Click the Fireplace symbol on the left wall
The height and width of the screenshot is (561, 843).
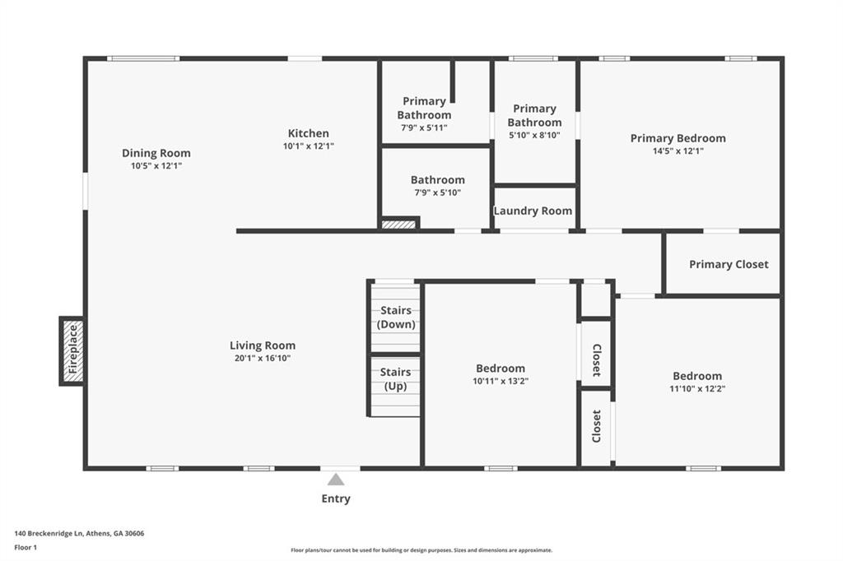[x=72, y=350]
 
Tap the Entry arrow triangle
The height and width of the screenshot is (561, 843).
[x=336, y=480]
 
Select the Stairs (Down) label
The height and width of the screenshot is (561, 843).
[x=396, y=318]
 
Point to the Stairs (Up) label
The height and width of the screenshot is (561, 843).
[x=396, y=379]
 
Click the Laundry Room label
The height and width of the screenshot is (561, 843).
[x=533, y=211]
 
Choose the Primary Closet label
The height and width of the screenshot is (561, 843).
[x=729, y=264]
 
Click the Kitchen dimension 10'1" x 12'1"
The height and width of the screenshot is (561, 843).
[x=309, y=146]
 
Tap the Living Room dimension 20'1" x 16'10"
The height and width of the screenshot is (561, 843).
[x=263, y=358]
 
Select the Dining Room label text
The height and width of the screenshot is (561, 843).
[x=156, y=153]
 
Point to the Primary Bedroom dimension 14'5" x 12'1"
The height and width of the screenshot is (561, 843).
[x=678, y=151]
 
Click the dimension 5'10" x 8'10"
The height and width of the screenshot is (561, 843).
[x=534, y=135]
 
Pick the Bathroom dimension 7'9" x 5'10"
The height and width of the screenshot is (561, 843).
[x=437, y=192]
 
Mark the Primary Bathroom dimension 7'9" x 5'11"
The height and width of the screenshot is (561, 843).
[x=424, y=128]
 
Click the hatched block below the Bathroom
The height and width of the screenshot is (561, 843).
[x=399, y=223]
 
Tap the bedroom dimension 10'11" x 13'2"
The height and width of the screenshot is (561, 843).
[x=501, y=381]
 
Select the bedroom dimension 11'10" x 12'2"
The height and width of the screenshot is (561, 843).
[x=697, y=388]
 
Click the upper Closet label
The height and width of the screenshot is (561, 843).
[x=596, y=360]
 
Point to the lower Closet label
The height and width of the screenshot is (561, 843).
[x=596, y=426]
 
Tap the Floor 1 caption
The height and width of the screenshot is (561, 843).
[x=26, y=547]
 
